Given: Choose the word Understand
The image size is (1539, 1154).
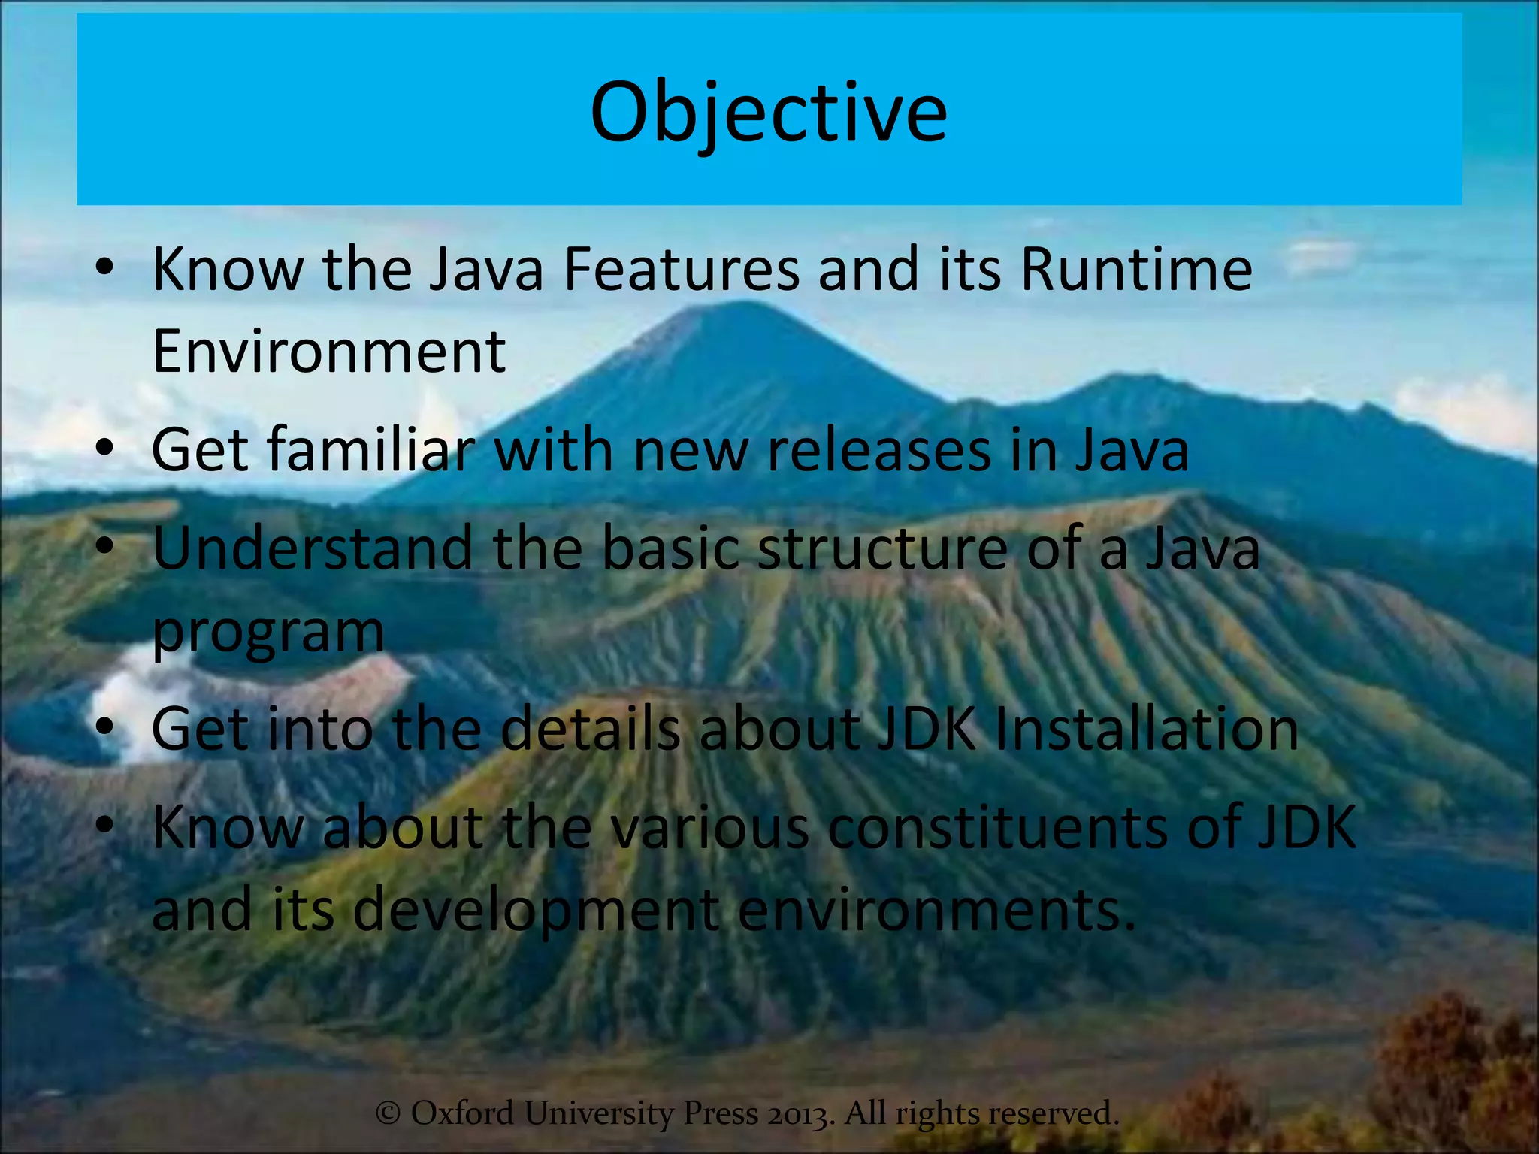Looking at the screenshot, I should pos(313,548).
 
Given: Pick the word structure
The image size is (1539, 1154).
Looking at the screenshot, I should pos(882,548).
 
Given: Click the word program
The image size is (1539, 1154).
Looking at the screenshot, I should pos(268,633).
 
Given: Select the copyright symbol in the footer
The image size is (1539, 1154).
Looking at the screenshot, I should pos(388,1113).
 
